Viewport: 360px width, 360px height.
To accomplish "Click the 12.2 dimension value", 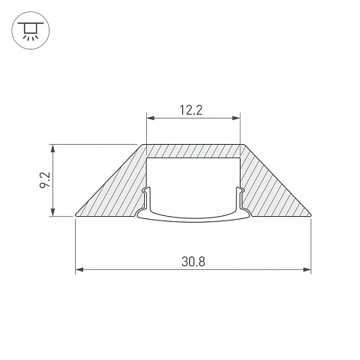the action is (191, 110).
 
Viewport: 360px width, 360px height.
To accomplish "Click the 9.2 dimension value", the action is (46, 180).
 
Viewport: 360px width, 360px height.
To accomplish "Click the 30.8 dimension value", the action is (193, 262).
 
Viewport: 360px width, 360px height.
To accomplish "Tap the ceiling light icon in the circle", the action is (31, 31).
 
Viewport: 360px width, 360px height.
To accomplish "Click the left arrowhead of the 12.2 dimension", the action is (151, 118).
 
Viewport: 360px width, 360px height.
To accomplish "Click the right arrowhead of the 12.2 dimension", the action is (236, 118).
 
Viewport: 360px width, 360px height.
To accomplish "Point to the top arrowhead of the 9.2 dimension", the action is (52, 148).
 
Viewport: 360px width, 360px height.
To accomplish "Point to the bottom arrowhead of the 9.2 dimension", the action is (52, 212).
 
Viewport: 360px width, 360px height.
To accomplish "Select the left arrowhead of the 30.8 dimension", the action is (79, 269).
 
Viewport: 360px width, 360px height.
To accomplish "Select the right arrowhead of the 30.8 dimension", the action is (307, 269).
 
